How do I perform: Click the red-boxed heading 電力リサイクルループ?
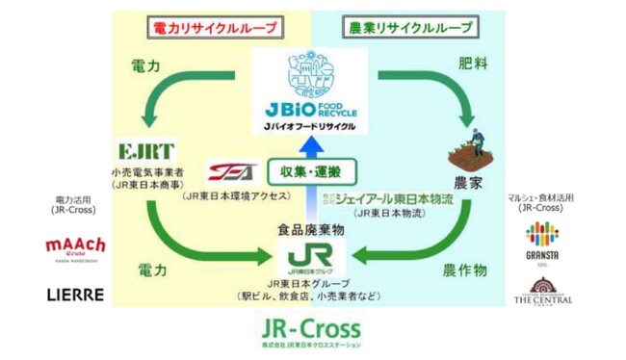click(213, 28)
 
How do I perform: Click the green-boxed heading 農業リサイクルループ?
click(410, 28)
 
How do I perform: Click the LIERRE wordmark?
click(75, 295)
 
